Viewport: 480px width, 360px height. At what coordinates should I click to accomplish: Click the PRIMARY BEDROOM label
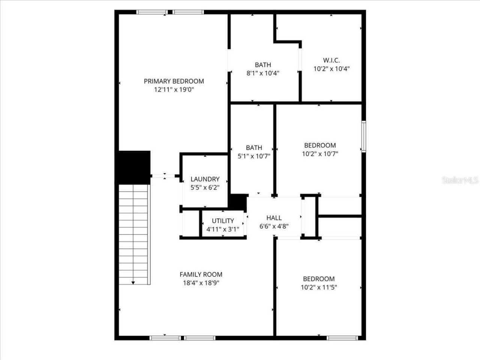tap(174, 81)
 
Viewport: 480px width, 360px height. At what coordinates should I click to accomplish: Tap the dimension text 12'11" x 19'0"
tap(174, 90)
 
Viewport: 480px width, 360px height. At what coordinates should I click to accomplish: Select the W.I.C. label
tap(331, 60)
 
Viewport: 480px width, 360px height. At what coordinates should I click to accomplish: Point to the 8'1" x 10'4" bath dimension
tap(262, 73)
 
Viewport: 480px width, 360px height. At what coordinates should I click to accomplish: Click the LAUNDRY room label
tap(205, 179)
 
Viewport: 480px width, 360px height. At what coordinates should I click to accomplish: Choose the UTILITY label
tap(223, 221)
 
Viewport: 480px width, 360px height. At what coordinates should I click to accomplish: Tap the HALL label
tap(274, 218)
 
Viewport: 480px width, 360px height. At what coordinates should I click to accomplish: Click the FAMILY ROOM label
tap(201, 274)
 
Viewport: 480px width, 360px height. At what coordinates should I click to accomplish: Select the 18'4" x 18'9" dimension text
tap(201, 283)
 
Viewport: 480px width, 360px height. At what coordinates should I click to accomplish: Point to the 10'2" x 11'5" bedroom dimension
tap(319, 288)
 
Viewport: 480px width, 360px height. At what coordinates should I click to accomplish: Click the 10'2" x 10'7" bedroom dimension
tap(320, 154)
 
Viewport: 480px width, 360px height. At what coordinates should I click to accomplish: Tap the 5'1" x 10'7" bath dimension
tap(254, 156)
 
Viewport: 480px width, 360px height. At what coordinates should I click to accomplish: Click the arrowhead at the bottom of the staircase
tap(133, 282)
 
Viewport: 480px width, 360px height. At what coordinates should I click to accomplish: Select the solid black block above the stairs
tap(134, 167)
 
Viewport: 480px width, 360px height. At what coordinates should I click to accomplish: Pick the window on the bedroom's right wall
tap(363, 136)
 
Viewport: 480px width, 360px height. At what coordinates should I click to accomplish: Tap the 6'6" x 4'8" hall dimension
tap(274, 226)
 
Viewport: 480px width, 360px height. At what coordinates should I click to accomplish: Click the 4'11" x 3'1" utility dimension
tap(223, 229)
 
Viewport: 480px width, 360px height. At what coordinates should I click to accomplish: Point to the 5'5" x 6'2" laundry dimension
tap(205, 188)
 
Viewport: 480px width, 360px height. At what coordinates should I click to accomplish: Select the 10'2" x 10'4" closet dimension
tap(331, 69)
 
